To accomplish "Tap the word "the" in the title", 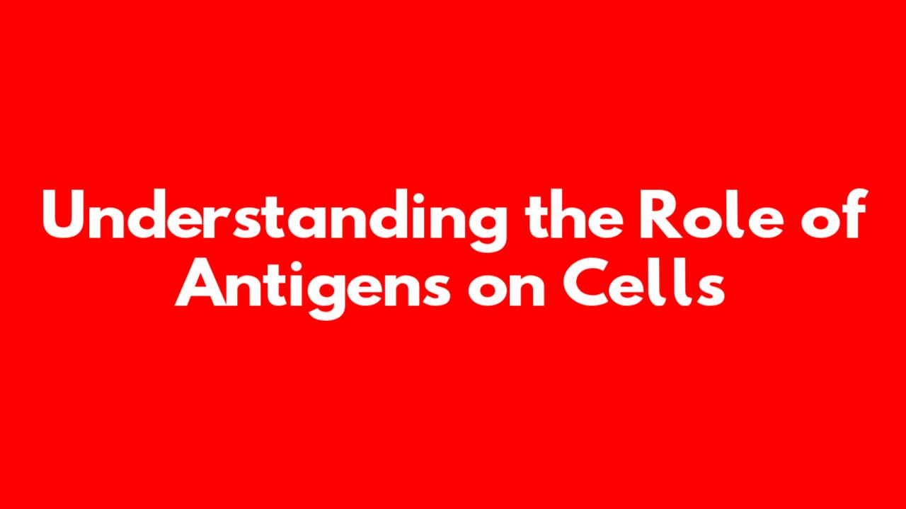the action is [575, 214].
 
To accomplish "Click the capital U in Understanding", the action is [66, 215].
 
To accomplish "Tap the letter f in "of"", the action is [854, 213].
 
